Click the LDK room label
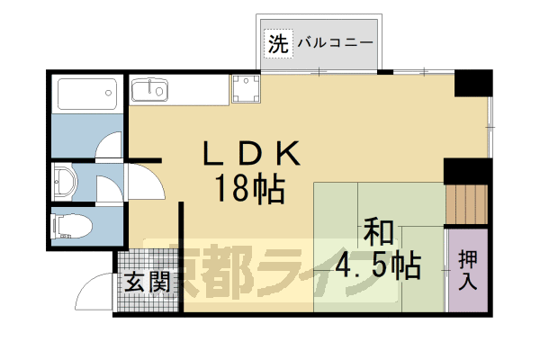click(x=250, y=155)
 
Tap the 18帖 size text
click(x=249, y=189)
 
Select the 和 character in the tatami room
click(x=379, y=232)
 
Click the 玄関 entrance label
click(x=146, y=282)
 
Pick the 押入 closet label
click(x=468, y=270)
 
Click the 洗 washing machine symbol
click(x=278, y=43)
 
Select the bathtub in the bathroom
click(x=86, y=94)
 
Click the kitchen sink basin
click(x=148, y=90)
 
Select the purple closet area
click(x=469, y=270)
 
